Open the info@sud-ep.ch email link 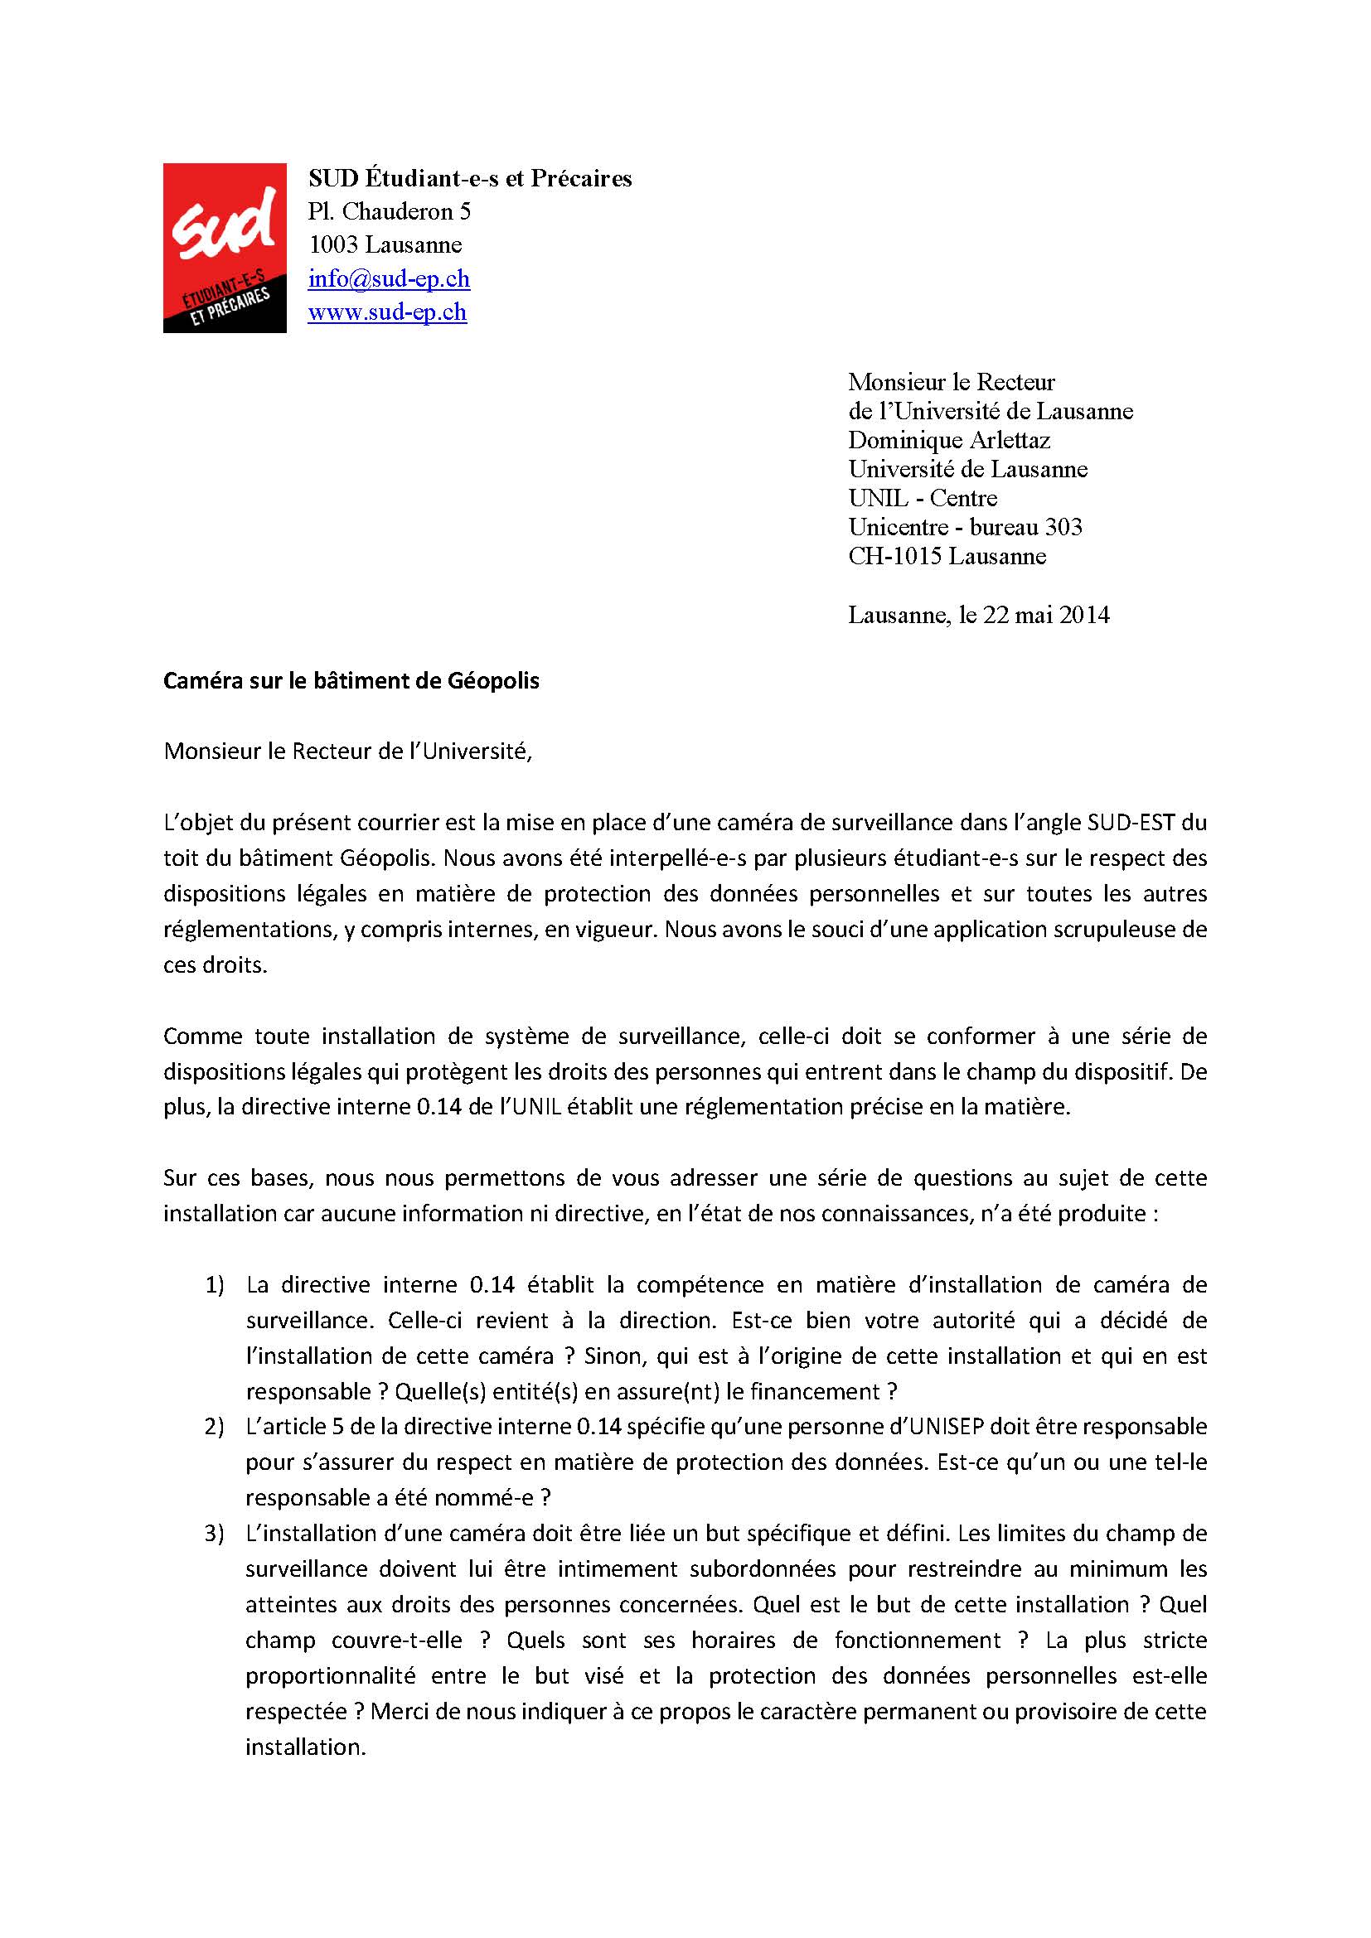click(388, 278)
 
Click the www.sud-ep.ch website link click(386, 312)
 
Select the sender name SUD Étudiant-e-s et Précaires click(469, 178)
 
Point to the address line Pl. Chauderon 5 click(390, 211)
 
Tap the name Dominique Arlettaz click(949, 440)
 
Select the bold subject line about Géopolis click(351, 680)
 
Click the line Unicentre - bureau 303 click(965, 527)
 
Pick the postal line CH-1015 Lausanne click(947, 556)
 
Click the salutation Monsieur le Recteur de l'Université click(347, 752)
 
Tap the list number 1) click(215, 1285)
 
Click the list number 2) click(215, 1427)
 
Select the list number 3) click(215, 1533)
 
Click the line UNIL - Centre click(922, 498)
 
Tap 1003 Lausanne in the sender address click(385, 244)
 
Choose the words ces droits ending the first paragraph click(215, 964)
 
